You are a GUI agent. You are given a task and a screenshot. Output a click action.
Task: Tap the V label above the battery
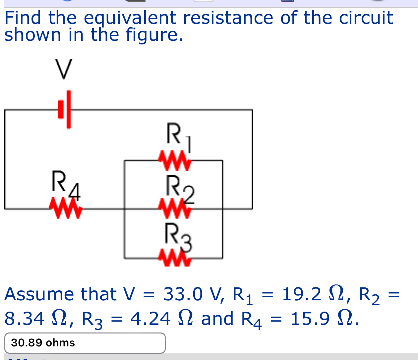click(63, 69)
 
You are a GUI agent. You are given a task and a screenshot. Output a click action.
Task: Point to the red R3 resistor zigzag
click(174, 259)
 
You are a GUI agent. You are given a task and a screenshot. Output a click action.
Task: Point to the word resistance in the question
click(228, 18)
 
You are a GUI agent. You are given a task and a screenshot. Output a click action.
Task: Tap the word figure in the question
click(154, 35)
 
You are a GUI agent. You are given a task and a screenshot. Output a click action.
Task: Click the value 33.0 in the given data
click(183, 294)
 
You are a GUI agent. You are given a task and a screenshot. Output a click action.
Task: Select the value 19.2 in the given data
click(301, 294)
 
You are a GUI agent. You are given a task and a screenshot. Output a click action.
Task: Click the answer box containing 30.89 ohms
click(85, 343)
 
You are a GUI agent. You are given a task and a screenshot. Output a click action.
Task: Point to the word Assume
click(39, 294)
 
